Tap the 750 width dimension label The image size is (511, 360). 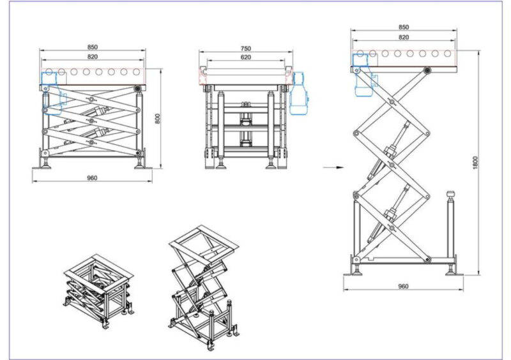(246, 48)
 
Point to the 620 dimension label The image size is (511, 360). (246, 57)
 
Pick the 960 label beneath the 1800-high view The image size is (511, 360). (402, 287)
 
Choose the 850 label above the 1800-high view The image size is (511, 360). (403, 27)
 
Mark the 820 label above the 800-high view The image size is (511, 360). (93, 57)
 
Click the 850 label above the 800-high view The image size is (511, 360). (93, 47)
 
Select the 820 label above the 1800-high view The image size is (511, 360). (403, 38)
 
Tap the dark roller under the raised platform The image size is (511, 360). (426, 69)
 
